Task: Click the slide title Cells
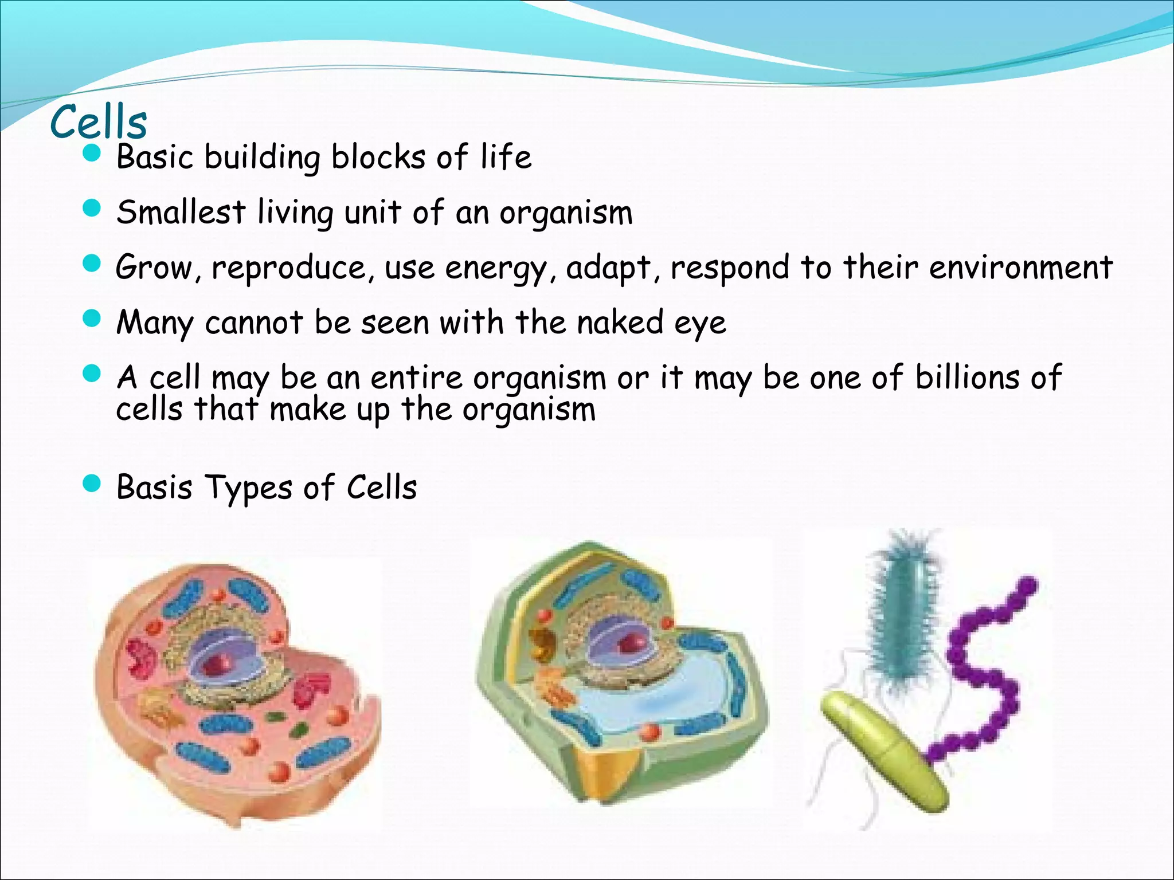coord(99,122)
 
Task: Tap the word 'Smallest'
coord(181,213)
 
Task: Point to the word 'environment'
coord(1020,267)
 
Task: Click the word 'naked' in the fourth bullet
coord(620,323)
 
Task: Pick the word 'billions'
coord(967,378)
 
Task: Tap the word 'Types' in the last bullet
coord(249,488)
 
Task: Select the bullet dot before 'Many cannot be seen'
coord(92,319)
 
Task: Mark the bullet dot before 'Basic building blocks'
coord(92,153)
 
